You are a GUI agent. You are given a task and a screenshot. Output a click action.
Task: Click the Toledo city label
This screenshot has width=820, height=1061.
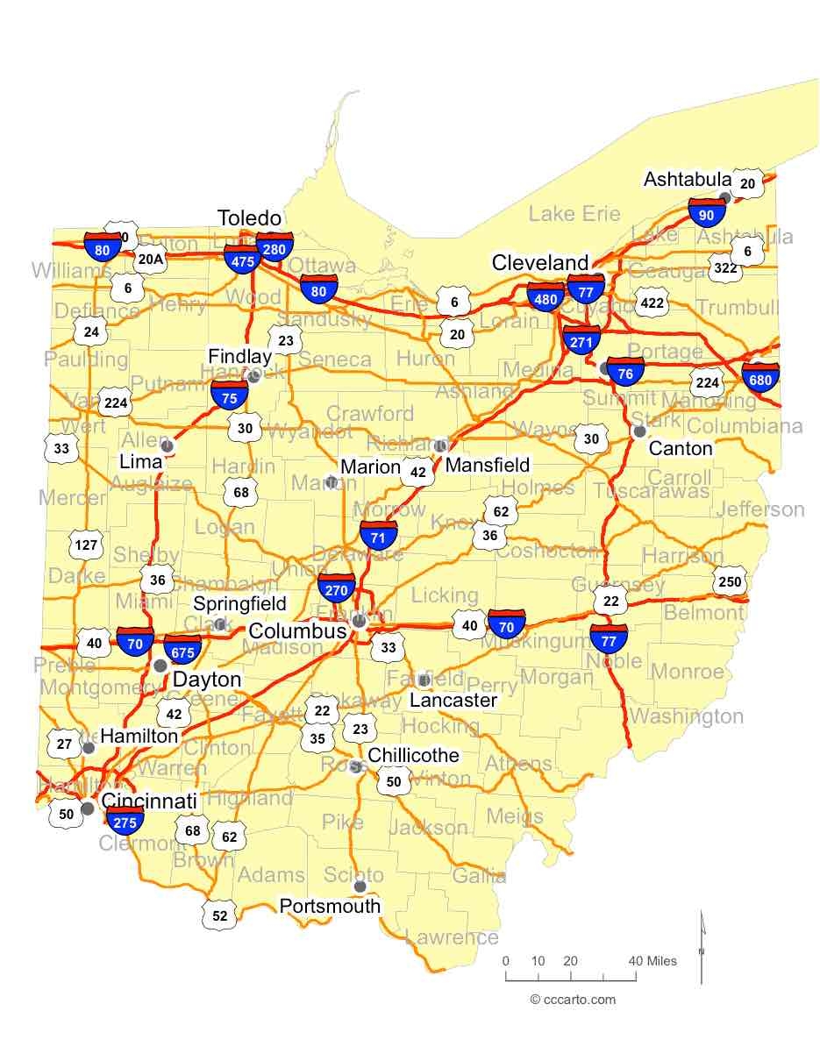[x=249, y=218]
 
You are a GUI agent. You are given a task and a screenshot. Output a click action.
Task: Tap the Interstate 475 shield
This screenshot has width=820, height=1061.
[x=241, y=258]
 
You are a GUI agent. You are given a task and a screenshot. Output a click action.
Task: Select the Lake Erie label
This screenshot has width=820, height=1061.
[x=574, y=213]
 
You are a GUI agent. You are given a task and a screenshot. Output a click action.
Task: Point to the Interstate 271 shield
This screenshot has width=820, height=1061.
[x=581, y=340]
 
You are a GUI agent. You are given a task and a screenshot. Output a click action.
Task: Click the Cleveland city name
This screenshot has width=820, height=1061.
[x=540, y=262]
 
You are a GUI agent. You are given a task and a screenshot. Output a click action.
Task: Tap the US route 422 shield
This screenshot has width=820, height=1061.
[x=652, y=303]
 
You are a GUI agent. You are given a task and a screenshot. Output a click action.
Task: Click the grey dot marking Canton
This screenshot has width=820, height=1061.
[x=639, y=431]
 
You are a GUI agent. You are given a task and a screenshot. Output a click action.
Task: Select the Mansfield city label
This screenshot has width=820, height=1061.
[x=488, y=465]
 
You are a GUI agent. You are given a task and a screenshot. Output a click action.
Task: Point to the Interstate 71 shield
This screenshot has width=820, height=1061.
[x=379, y=535]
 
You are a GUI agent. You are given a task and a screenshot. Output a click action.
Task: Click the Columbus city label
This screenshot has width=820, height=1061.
[x=297, y=631]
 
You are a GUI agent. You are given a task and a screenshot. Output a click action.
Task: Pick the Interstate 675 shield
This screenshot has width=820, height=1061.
[x=183, y=650]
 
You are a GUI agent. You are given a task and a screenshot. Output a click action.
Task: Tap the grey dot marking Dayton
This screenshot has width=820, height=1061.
[x=160, y=666]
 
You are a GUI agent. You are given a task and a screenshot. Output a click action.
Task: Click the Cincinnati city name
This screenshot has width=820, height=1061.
[x=149, y=801]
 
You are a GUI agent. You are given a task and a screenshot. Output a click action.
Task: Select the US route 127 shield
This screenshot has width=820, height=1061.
[x=86, y=545]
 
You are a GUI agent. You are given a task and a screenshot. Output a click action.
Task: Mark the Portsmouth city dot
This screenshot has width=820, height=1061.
[x=360, y=887]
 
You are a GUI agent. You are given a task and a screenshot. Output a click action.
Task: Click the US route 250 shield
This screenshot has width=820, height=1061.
[x=729, y=582]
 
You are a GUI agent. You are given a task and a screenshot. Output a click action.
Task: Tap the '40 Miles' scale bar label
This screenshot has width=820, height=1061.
[x=653, y=961]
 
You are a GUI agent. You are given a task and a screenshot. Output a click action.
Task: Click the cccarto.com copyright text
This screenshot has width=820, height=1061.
[x=574, y=1000]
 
